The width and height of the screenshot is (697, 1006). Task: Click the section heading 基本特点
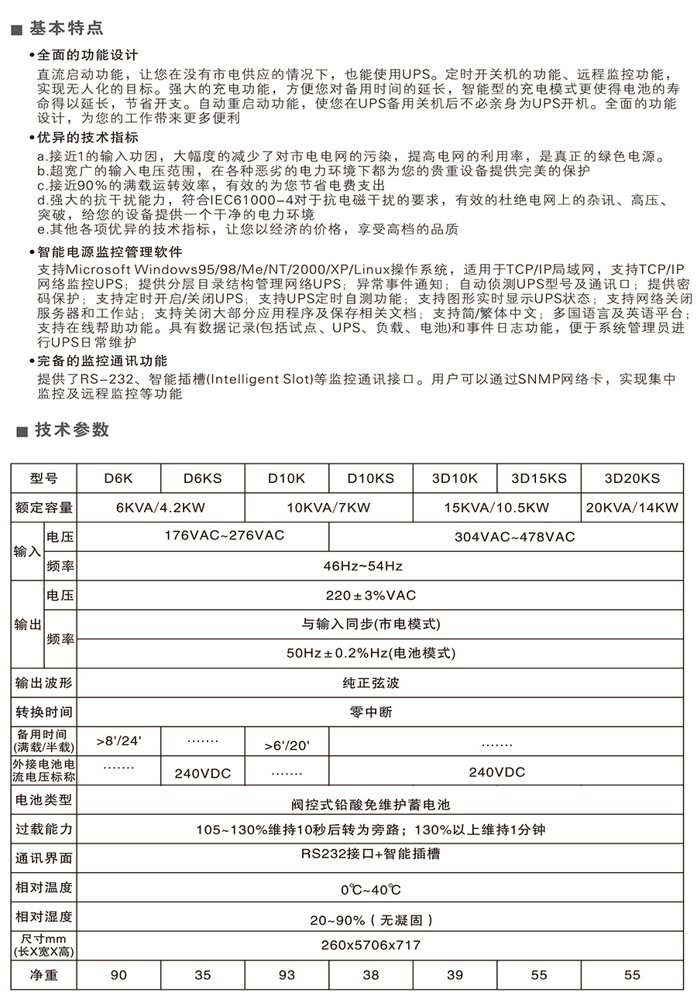click(66, 29)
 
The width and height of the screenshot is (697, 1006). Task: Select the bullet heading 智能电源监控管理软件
click(110, 252)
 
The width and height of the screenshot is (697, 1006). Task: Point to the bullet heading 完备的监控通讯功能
click(102, 361)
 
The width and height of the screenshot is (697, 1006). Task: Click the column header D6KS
click(202, 478)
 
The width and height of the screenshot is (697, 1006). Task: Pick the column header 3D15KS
click(539, 478)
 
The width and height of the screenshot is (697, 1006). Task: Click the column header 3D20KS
click(632, 478)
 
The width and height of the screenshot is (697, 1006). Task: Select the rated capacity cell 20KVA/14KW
click(632, 508)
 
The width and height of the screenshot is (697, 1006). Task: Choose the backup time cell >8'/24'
click(119, 741)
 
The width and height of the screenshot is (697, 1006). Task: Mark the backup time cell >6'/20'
click(287, 746)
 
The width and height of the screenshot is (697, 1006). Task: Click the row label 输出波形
click(44, 683)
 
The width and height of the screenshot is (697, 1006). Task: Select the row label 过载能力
click(44, 830)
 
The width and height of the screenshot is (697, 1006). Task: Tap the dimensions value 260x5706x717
click(371, 945)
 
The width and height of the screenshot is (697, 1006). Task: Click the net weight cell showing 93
click(287, 975)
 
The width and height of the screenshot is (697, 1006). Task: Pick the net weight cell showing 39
click(455, 975)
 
